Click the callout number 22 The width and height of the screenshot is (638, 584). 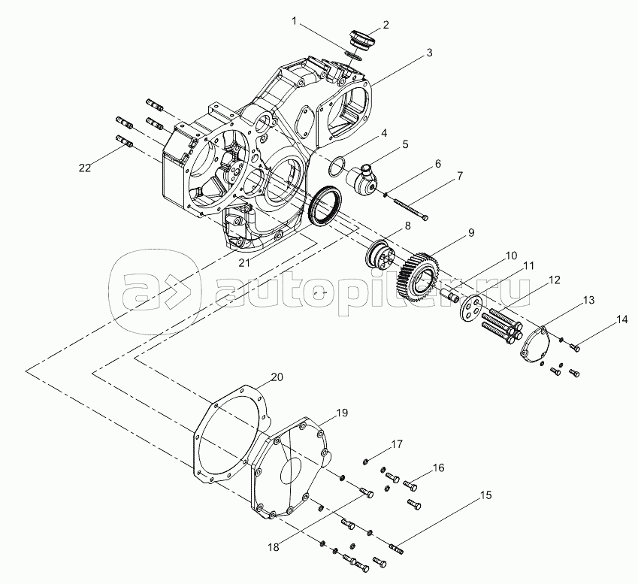coord(85,168)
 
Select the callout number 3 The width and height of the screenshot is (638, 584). coord(429,53)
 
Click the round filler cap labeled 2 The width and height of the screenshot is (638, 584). coord(361,39)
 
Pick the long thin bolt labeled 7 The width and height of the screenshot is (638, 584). coord(410,209)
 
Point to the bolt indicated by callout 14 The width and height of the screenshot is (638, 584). coord(575,348)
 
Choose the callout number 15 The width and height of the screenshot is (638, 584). coord(485,495)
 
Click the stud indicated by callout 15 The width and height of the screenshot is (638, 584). coord(397,549)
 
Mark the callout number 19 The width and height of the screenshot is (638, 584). coord(342,413)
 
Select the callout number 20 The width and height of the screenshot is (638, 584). coord(277,377)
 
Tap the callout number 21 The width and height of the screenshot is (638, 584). coord(244,263)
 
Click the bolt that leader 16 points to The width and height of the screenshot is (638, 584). coord(410,485)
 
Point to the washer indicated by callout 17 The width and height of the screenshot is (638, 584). coord(365,461)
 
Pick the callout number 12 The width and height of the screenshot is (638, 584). coord(554,280)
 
